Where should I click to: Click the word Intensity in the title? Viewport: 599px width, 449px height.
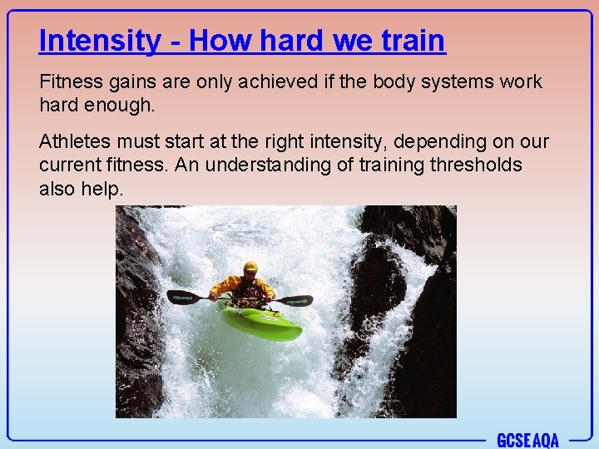click(x=100, y=40)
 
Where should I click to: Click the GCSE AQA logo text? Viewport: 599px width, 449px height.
click(x=527, y=439)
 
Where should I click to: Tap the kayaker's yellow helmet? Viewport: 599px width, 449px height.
click(x=250, y=267)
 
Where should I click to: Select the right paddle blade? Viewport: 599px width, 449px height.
click(x=296, y=300)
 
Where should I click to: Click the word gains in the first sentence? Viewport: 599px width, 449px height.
click(x=132, y=82)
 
